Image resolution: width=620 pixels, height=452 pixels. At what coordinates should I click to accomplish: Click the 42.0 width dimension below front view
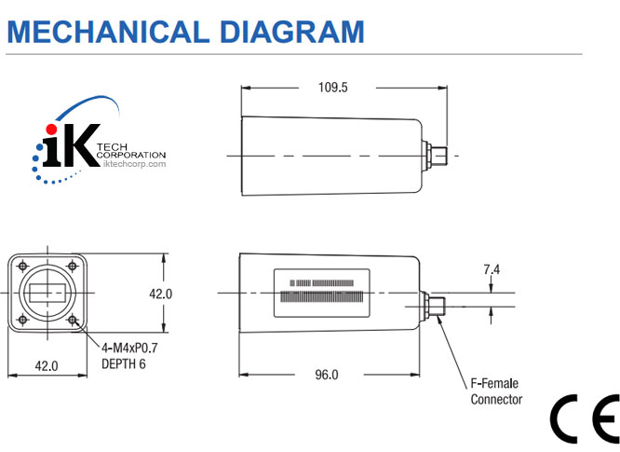click(47, 366)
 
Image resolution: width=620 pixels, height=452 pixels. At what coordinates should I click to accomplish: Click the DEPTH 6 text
click(124, 363)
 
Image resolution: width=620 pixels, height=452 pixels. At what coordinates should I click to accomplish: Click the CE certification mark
click(583, 419)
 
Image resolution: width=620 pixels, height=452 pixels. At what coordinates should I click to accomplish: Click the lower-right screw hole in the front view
click(72, 320)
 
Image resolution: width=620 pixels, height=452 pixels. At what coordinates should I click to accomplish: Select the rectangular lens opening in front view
click(47, 294)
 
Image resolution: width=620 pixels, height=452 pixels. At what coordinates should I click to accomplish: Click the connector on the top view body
click(437, 153)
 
